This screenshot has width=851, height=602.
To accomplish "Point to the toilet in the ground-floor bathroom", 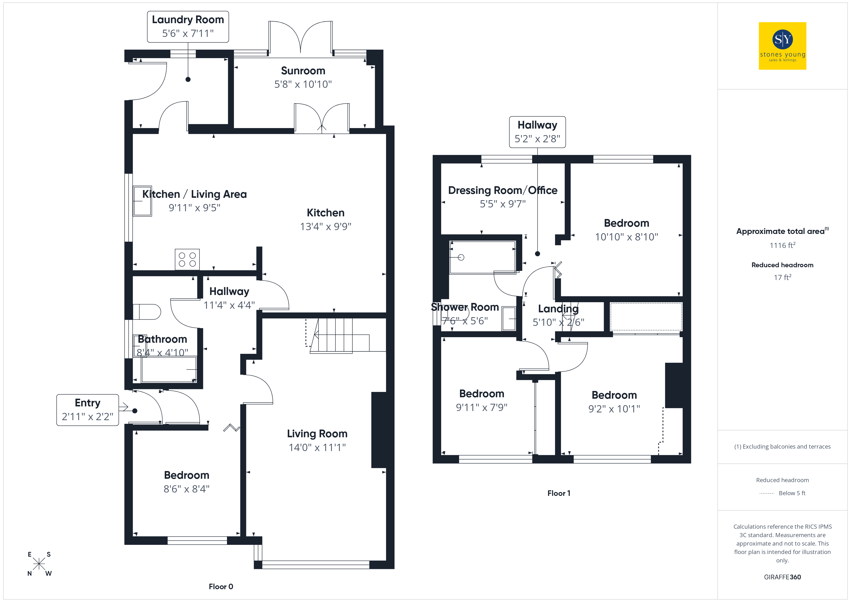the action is [147, 312].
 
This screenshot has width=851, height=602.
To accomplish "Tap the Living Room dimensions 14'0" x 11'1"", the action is [317, 447].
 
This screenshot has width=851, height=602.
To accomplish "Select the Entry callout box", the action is [88, 410].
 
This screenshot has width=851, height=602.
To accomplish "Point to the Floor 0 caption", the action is [221, 586].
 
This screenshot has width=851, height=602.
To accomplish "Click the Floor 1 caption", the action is [559, 493].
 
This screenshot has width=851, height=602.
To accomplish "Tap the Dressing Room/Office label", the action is [503, 190].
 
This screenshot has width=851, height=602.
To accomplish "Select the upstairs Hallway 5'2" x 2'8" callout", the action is [537, 132].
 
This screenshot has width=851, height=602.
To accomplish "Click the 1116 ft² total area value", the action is [782, 245].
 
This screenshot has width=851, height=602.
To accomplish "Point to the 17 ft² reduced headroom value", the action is [782, 277].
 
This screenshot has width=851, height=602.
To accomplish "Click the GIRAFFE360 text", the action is [782, 577].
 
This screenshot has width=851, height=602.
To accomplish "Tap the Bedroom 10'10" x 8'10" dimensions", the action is [626, 237].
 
